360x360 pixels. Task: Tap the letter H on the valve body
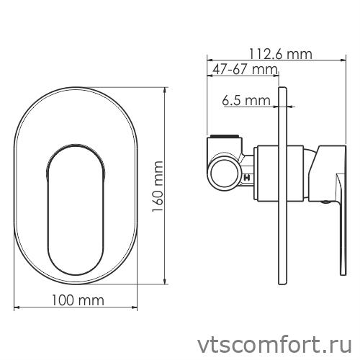coord(248,176)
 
